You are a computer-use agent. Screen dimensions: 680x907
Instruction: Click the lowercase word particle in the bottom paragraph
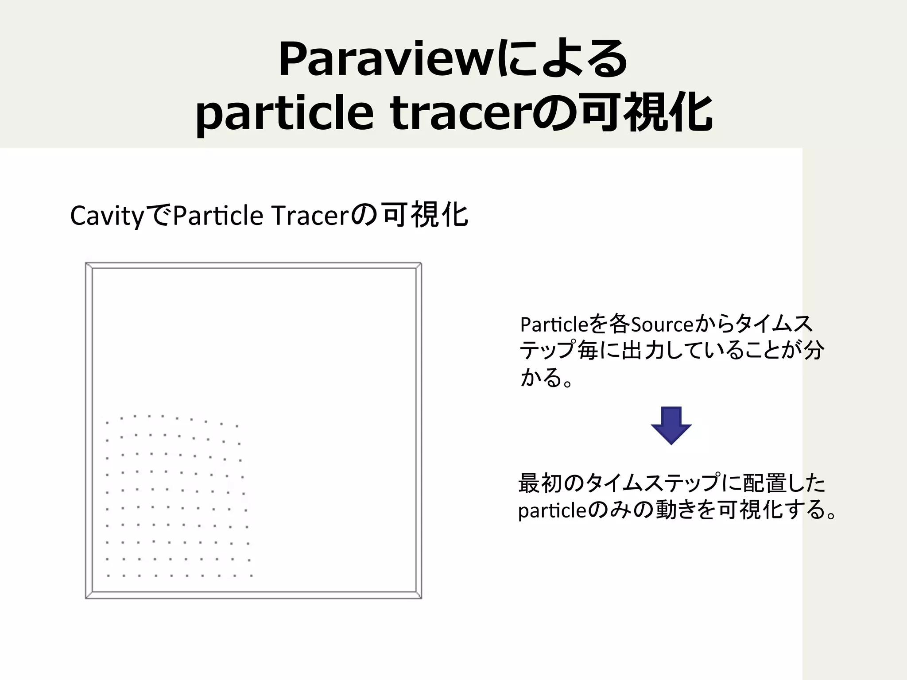[552, 511]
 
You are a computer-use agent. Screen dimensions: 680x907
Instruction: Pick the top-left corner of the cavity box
[86, 264]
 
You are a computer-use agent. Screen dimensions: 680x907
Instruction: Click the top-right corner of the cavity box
[421, 264]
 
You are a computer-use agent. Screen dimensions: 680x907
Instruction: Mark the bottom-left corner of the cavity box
[86, 598]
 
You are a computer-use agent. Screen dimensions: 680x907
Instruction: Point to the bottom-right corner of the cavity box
[421, 598]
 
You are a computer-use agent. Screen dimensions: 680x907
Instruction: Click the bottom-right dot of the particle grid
[251, 576]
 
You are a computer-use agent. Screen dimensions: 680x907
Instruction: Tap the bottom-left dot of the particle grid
[108, 576]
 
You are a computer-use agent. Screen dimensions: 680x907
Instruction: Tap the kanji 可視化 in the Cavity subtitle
[425, 216]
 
